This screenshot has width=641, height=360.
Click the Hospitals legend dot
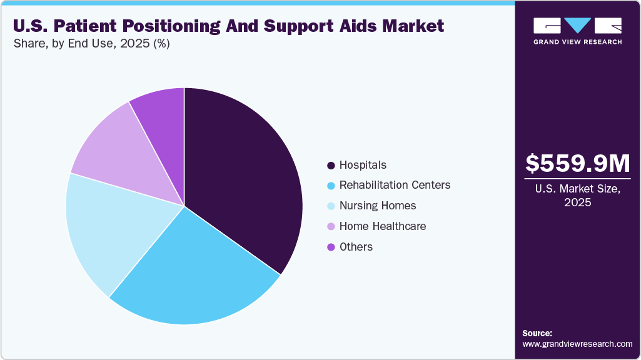coord(330,166)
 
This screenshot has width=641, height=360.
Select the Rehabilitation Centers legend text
coord(395,186)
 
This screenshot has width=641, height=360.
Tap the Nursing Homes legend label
coord(377,206)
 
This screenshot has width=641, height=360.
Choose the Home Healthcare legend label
coord(382,226)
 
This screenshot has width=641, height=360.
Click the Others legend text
coord(356,247)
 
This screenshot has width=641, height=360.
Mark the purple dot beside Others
coord(330,247)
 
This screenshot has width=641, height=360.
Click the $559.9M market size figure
coord(577,164)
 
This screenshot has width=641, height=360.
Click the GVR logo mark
coord(577,26)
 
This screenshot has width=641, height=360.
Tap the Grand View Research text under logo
coord(577,42)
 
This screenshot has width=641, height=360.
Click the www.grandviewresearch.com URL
coord(577,344)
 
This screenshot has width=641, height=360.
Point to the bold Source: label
coord(537,333)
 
